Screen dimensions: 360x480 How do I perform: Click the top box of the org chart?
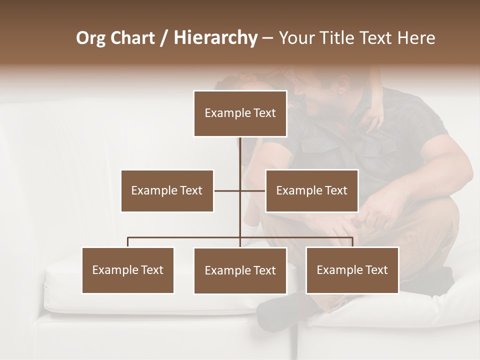click(240, 113)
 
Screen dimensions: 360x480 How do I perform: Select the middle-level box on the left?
click(167, 190)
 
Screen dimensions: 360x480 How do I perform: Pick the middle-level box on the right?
click(311, 190)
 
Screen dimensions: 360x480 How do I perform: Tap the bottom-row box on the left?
click(128, 270)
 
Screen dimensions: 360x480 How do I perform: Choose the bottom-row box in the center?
click(240, 270)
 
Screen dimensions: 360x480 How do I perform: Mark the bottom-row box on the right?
click(352, 270)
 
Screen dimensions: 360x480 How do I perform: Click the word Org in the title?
click(91, 38)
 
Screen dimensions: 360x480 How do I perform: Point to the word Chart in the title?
click(133, 38)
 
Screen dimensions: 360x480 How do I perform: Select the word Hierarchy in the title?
click(215, 38)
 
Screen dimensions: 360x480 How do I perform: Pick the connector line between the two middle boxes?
click(240, 190)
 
